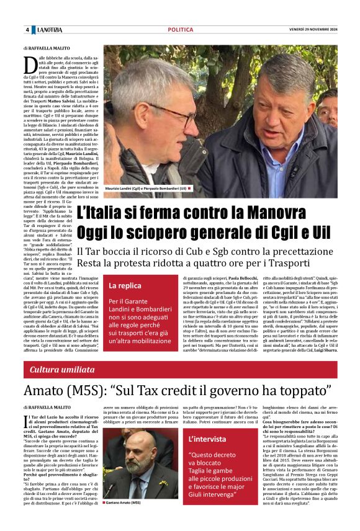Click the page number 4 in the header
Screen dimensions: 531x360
point(27,30)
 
